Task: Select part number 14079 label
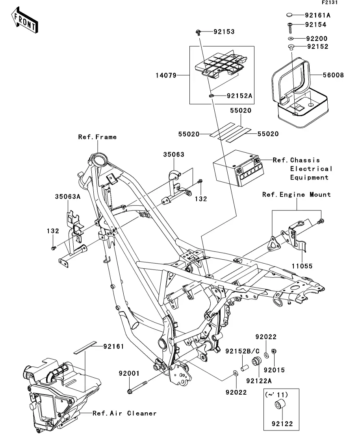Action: coord(166,75)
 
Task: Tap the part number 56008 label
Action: coord(333,75)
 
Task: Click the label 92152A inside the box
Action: coord(239,96)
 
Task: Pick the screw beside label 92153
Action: coord(198,33)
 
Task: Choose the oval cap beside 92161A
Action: coord(289,15)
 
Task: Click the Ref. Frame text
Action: coord(97,137)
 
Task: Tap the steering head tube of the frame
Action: coord(98,160)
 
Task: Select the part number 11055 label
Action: coord(302,266)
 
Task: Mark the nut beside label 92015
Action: coord(273,351)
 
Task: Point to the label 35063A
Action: coord(68,196)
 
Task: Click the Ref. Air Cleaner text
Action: coord(124,413)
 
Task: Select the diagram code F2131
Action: coord(330,2)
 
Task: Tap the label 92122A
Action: coord(259,381)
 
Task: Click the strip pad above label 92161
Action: coord(85,347)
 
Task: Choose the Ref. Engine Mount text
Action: coord(297,195)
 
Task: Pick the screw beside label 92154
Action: coord(290,28)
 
